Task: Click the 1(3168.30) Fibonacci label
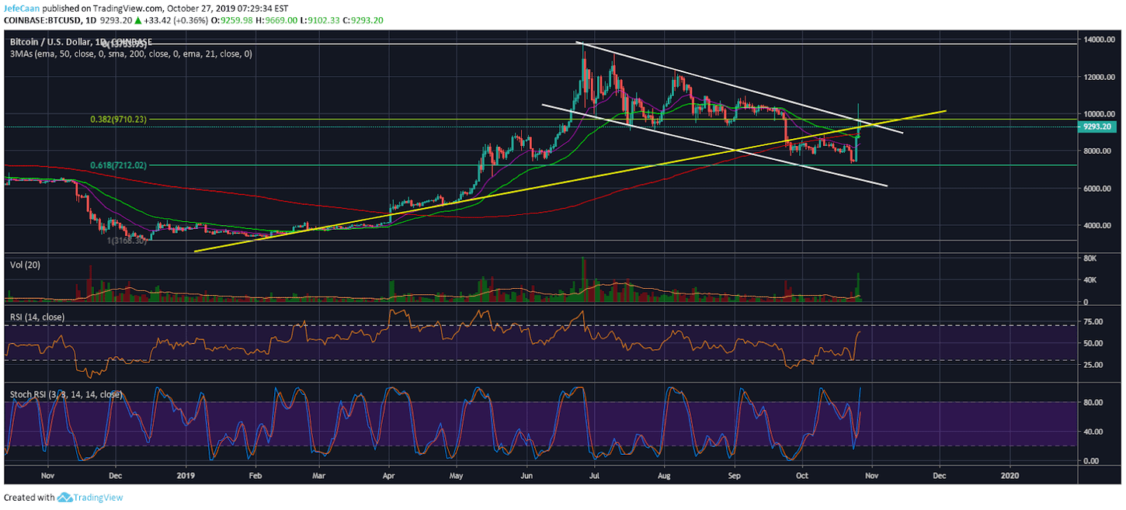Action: [127, 241]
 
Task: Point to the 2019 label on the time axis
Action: [186, 474]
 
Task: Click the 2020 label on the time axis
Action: [1010, 474]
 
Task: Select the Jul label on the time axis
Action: [595, 474]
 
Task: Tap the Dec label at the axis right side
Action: [939, 474]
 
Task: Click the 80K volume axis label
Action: [1090, 258]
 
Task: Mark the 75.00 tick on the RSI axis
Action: [1093, 321]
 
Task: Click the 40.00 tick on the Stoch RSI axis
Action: [1093, 432]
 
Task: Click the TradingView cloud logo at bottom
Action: [64, 498]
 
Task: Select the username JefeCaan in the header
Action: [22, 7]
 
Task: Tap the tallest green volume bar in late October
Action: [858, 287]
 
